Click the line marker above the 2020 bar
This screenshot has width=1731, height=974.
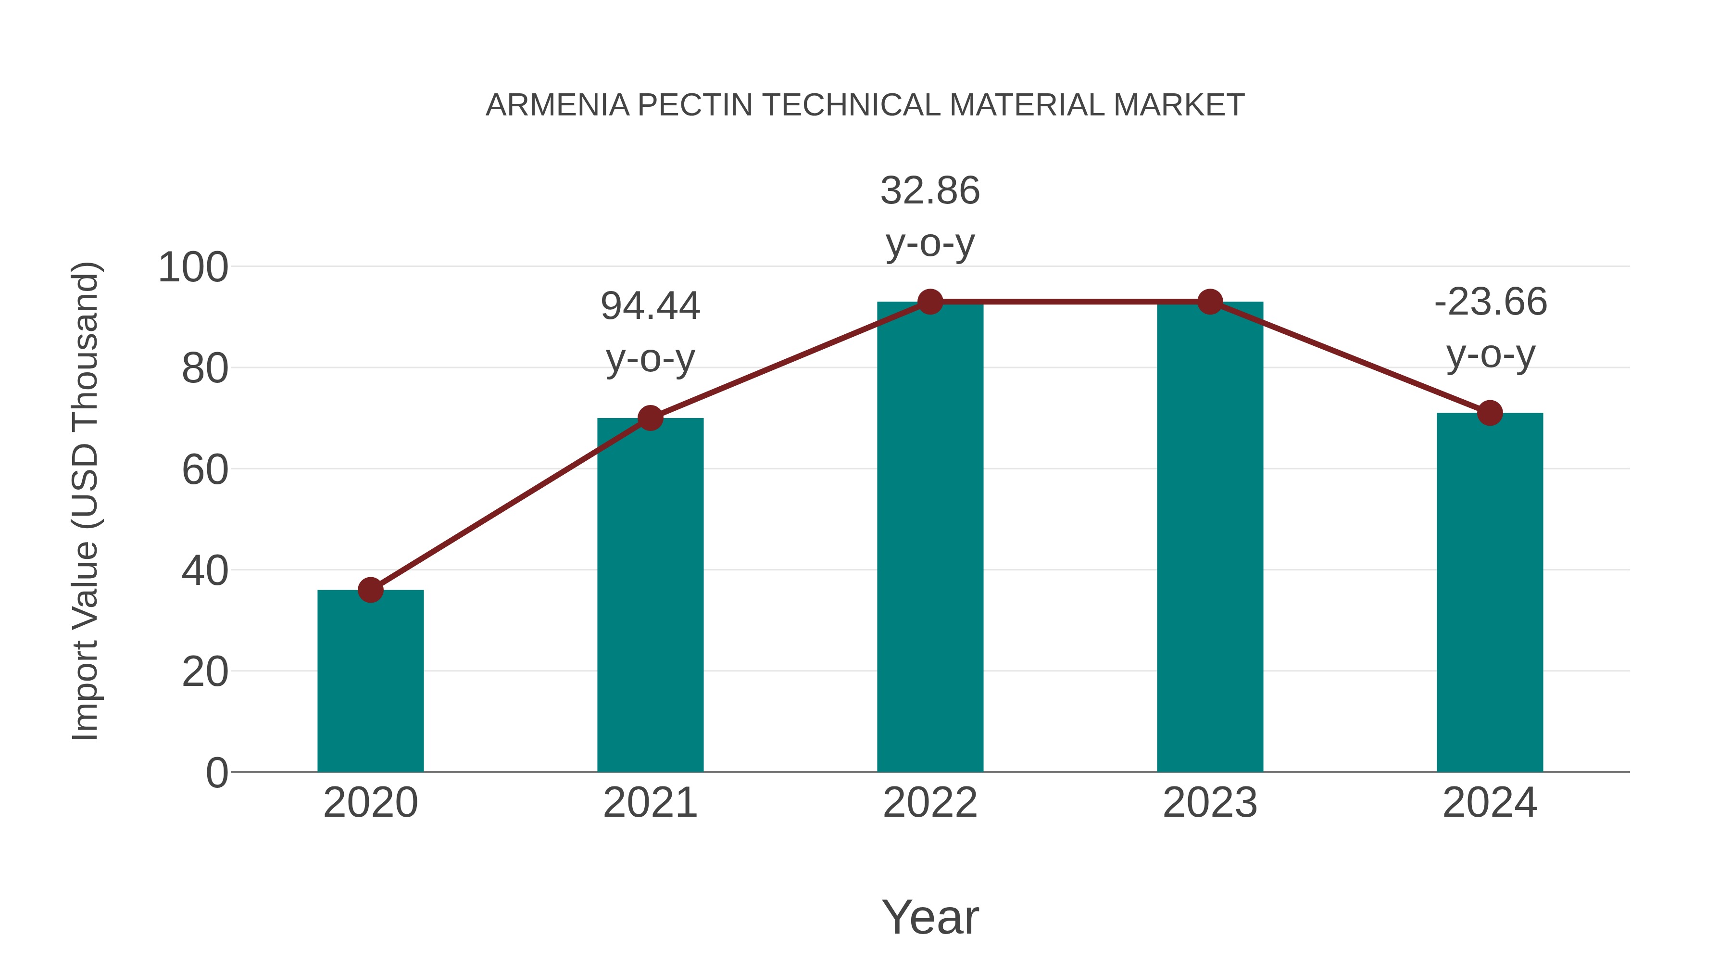[370, 590]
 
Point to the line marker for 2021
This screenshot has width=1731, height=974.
[650, 418]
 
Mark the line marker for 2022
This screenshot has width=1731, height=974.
[930, 302]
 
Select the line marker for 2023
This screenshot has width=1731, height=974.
[1210, 302]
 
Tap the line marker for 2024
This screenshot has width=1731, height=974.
[1490, 413]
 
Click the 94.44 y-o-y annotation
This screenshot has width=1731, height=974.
[650, 331]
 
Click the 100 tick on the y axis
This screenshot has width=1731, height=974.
[193, 267]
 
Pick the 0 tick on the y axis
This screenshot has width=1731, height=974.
[217, 773]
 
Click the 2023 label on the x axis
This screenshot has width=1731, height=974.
[1210, 803]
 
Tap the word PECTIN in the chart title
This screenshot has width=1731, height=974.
[694, 105]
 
